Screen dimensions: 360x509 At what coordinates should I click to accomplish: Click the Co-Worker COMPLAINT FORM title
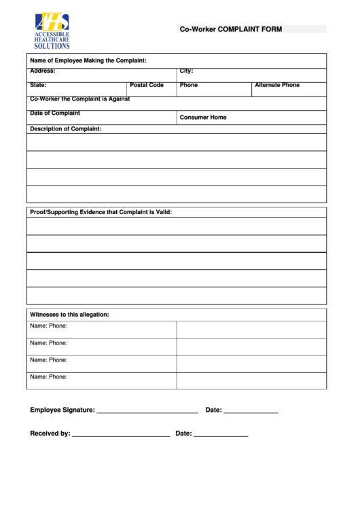tap(230, 29)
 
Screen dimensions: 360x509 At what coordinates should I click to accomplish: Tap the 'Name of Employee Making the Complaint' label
tap(88, 60)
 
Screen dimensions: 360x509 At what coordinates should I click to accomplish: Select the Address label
tap(42, 71)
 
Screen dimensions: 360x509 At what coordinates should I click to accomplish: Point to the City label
tap(186, 71)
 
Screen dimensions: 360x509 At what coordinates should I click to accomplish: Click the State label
tap(38, 85)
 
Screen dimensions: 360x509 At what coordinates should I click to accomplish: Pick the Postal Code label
tap(147, 85)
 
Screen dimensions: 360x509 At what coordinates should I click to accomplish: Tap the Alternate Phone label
tap(276, 85)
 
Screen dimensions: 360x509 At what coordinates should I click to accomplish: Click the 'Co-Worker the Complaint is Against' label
tap(79, 99)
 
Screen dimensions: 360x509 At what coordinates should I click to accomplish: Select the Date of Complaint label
tap(55, 113)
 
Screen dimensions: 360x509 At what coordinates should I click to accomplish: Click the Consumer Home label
tap(203, 118)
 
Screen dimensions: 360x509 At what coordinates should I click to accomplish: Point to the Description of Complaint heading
tap(66, 128)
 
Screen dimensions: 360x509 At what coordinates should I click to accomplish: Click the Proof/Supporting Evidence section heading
tap(101, 212)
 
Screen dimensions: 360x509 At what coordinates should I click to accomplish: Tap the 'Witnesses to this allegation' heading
tap(69, 315)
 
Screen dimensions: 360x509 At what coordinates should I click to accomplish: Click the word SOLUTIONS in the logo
tap(52, 46)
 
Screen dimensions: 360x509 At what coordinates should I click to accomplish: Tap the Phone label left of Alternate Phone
tap(189, 85)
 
